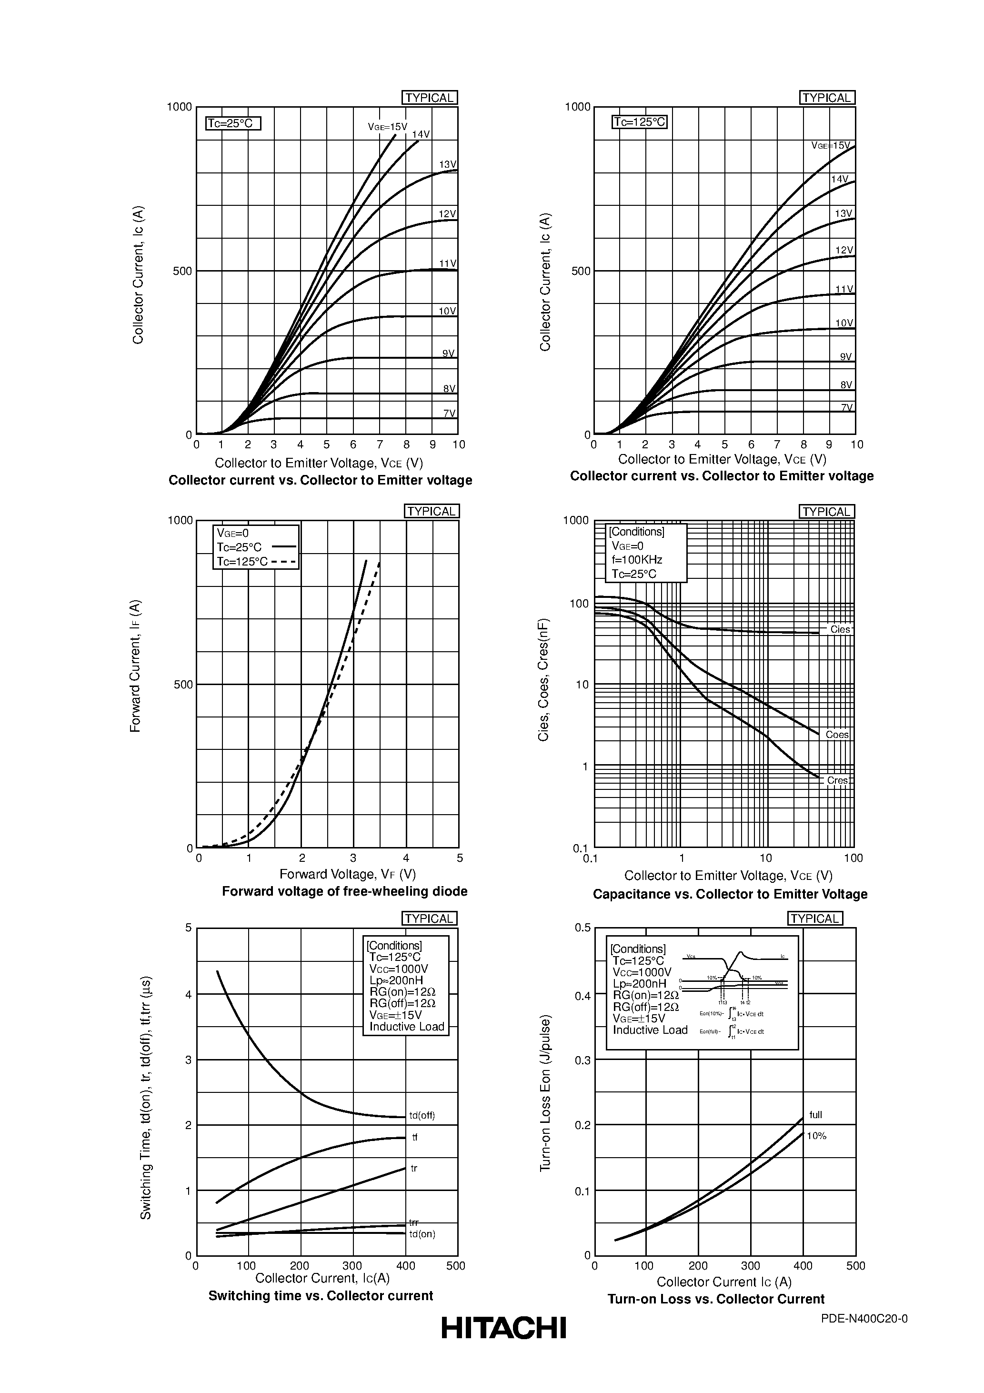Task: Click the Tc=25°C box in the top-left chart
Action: (x=233, y=124)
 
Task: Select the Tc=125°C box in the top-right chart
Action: (x=640, y=122)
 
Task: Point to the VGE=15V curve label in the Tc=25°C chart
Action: (x=387, y=127)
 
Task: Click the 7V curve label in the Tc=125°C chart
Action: (x=846, y=408)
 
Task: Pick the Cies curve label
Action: (x=840, y=630)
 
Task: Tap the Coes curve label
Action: (x=837, y=735)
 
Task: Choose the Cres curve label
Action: (x=838, y=781)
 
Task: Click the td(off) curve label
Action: (x=422, y=1116)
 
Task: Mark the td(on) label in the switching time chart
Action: (x=422, y=1234)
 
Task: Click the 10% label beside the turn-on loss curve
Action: (x=816, y=1136)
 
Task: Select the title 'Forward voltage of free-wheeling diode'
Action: (x=344, y=891)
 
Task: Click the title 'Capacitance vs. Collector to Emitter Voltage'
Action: (x=730, y=894)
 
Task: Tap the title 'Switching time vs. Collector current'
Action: (x=321, y=1296)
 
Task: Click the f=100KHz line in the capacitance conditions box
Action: (x=637, y=560)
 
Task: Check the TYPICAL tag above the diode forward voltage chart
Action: (x=432, y=512)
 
